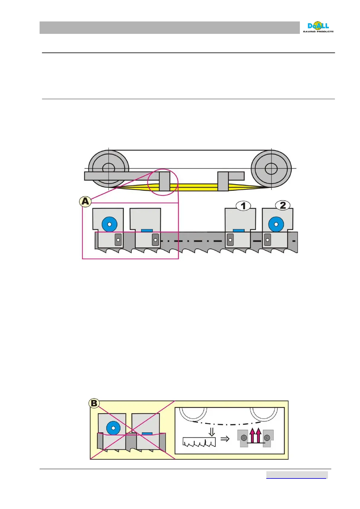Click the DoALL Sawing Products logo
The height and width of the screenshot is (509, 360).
(318, 27)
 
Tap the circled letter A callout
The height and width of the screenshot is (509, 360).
(85, 201)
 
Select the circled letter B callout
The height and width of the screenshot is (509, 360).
(94, 403)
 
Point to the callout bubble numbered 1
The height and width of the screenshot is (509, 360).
(243, 206)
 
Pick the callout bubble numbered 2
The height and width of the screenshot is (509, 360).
(283, 206)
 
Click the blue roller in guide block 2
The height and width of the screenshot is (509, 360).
(276, 224)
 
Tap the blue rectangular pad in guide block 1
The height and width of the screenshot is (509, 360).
(239, 231)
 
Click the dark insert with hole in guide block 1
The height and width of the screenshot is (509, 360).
(230, 240)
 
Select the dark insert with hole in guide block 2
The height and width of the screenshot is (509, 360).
(267, 240)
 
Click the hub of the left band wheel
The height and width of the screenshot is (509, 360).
(108, 168)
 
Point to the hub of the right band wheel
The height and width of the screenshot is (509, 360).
(271, 169)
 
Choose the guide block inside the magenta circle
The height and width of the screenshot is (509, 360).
(164, 181)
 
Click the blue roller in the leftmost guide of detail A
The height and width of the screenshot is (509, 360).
(109, 224)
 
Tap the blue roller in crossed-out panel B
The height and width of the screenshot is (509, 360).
(113, 428)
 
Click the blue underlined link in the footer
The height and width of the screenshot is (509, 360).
(296, 475)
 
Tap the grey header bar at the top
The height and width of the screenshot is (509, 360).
(169, 28)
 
